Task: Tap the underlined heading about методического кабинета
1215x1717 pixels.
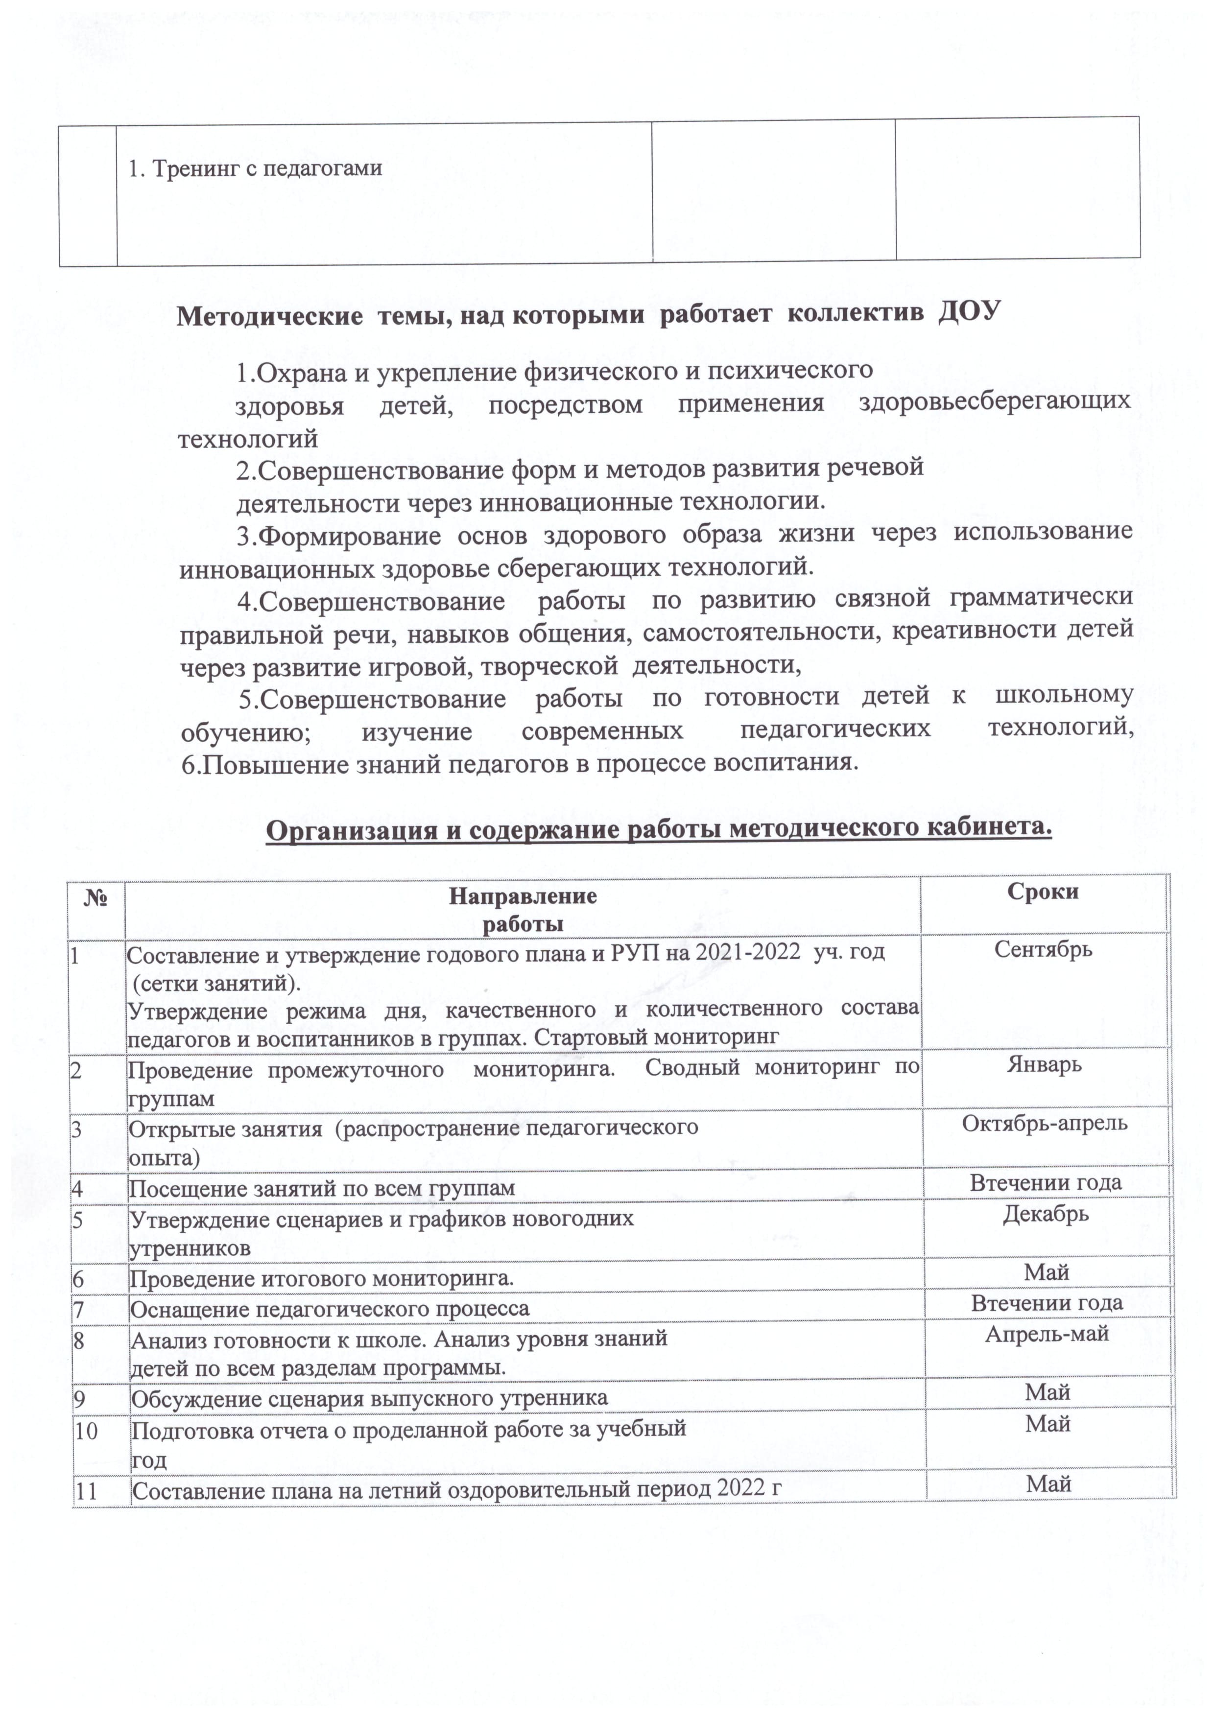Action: [x=659, y=829]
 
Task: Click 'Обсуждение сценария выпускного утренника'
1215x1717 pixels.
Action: [x=370, y=1398]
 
